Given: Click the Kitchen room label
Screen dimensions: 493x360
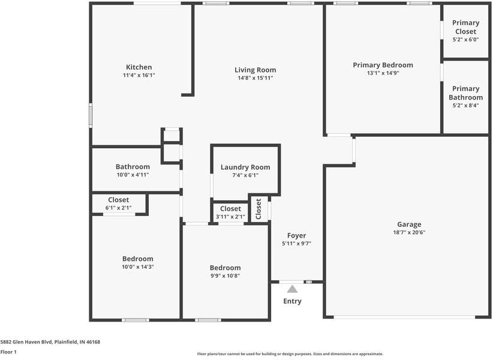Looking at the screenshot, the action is click(139, 67).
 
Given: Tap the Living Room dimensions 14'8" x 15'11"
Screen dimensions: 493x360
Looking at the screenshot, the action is click(255, 78).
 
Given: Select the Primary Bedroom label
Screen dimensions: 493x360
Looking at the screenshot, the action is click(383, 65).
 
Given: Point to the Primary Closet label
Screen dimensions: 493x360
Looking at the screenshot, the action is click(465, 27).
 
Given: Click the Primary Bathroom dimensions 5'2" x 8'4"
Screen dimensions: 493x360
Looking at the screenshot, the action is click(465, 106).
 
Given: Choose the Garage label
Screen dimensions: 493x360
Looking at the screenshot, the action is click(409, 224).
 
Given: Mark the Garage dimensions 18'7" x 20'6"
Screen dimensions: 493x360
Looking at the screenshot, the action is click(409, 232).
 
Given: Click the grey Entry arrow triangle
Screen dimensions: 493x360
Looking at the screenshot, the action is click(292, 289).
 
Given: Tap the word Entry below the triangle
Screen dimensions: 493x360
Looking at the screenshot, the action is click(293, 301).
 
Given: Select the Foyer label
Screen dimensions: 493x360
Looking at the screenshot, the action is click(296, 235).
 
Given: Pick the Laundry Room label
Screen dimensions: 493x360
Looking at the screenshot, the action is click(245, 167).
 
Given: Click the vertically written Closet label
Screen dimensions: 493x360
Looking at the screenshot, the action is click(258, 209).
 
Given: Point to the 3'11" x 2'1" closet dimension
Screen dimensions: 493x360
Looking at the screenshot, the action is click(230, 217).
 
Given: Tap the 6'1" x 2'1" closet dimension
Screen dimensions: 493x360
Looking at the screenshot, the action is click(119, 208).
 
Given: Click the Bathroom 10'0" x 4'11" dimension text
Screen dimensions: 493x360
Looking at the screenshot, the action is click(133, 175).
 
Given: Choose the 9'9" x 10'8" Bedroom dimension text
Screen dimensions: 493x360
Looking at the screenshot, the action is click(225, 276).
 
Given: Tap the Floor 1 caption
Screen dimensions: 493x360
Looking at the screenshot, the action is click(8, 352).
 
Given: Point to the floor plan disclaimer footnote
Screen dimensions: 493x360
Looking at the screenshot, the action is click(290, 354).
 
